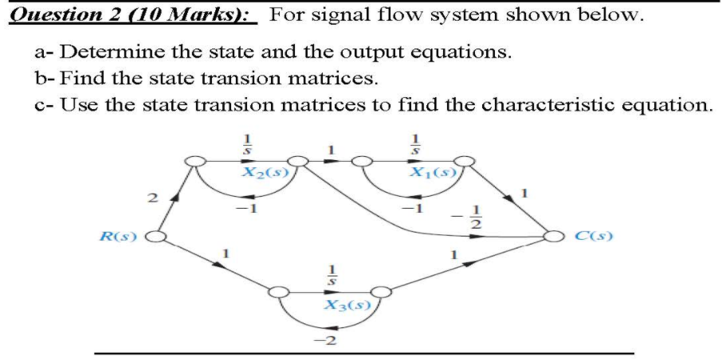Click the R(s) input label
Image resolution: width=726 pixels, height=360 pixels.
[117, 237]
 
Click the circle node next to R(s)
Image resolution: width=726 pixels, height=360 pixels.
[157, 237]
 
